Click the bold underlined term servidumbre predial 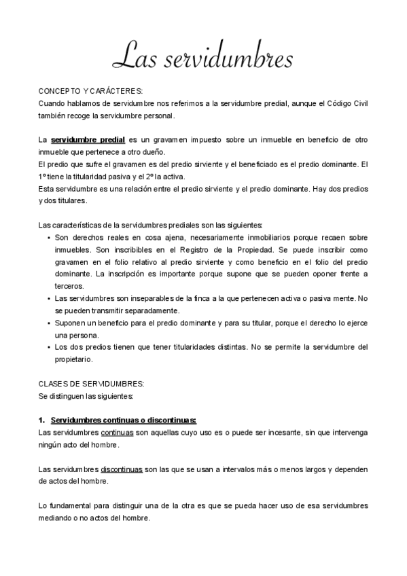pos(88,139)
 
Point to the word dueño pos(151,151)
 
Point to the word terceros pos(69,286)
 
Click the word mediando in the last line pos(60,518)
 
